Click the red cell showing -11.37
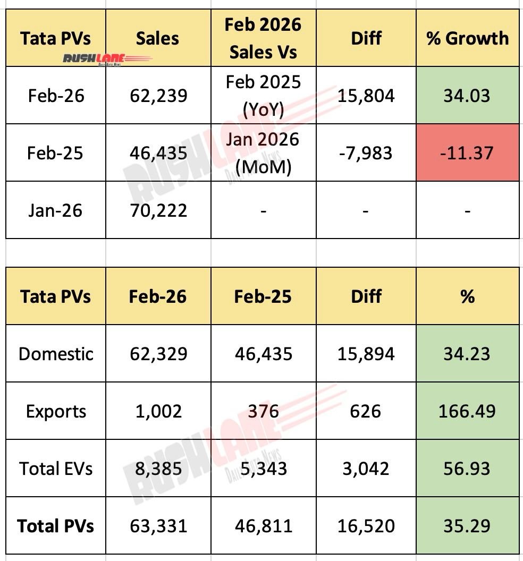click(467, 153)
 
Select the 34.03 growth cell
click(467, 96)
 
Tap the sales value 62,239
click(158, 96)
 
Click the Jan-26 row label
click(55, 210)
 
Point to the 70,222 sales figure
click(158, 210)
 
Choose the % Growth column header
click(467, 38)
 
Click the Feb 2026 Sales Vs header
click(263, 38)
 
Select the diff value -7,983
click(366, 153)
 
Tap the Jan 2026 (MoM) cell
click(263, 153)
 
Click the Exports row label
click(55, 411)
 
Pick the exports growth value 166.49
click(467, 411)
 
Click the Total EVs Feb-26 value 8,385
click(158, 469)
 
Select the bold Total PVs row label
click(55, 526)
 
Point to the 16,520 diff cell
click(366, 526)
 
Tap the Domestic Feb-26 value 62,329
click(158, 354)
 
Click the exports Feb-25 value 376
click(263, 411)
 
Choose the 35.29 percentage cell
click(467, 526)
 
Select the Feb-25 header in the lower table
click(263, 296)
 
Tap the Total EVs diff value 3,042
click(366, 469)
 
